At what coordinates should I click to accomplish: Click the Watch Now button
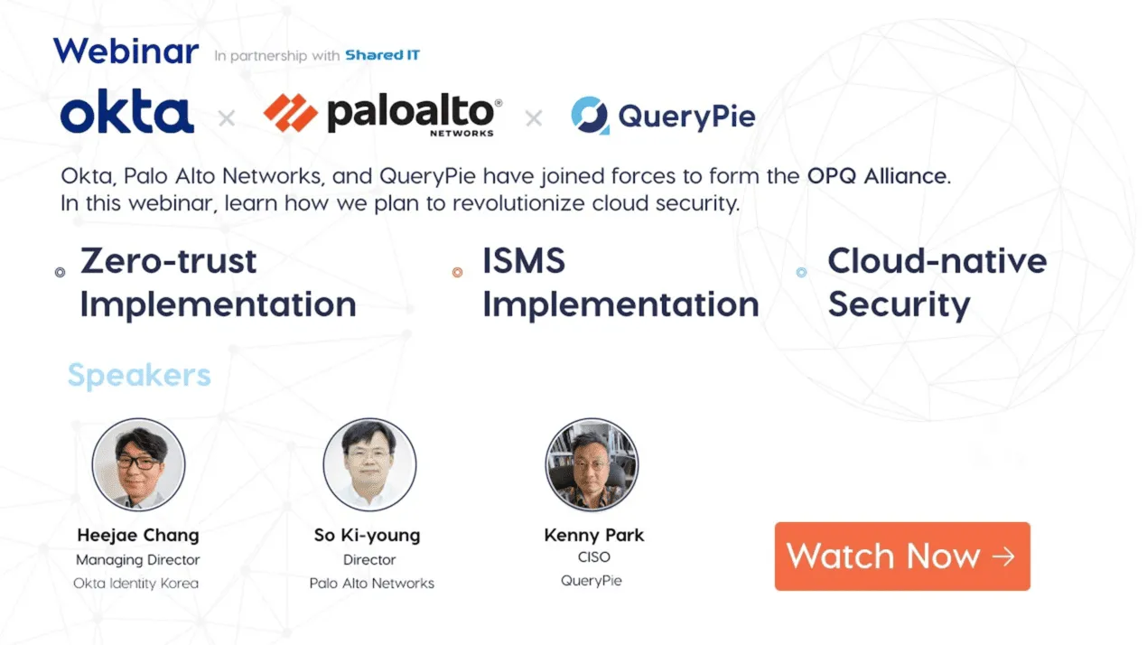901,556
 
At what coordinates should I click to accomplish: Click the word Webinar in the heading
126,51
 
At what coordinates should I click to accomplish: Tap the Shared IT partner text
382,55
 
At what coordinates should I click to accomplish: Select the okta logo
127,115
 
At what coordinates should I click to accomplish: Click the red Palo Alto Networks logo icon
290,114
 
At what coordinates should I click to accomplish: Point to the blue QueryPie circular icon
591,116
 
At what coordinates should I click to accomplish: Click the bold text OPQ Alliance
877,175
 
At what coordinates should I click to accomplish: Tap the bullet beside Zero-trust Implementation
61,272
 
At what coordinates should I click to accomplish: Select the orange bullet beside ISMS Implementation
457,272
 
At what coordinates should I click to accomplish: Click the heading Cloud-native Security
936,283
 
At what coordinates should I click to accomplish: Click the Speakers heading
139,375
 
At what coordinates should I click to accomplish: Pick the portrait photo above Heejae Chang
138,464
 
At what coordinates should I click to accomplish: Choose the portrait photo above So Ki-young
369,464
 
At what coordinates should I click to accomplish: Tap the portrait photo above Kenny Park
592,464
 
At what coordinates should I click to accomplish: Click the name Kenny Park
593,535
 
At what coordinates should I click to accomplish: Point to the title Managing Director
137,560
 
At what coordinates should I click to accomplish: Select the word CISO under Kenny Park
593,557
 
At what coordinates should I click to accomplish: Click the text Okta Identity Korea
136,584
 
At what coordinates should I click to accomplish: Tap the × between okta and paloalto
227,118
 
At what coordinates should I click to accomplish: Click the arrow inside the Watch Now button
1003,556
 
